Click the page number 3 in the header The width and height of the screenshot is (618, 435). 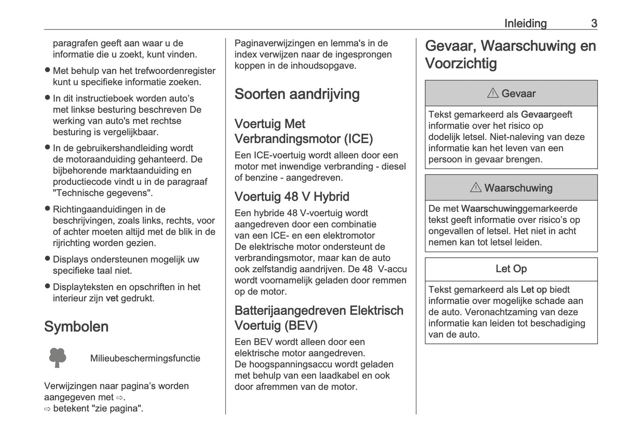point(594,23)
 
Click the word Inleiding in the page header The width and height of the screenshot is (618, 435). point(525,23)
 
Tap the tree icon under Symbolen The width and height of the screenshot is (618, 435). point(58,358)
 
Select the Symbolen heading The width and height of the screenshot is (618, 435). point(76,326)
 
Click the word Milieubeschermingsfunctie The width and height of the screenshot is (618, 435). point(145,358)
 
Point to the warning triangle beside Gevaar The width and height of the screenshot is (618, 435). point(493,93)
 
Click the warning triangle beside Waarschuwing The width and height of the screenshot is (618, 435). point(476,187)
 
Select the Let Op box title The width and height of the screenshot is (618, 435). point(511,269)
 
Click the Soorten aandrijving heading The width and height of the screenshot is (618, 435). point(297,94)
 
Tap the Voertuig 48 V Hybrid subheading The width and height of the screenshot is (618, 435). point(292,197)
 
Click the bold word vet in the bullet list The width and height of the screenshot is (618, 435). point(112,298)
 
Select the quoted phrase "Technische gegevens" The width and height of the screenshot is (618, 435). point(103,193)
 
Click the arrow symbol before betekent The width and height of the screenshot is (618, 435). point(47,409)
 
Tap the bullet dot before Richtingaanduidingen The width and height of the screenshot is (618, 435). point(47,209)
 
